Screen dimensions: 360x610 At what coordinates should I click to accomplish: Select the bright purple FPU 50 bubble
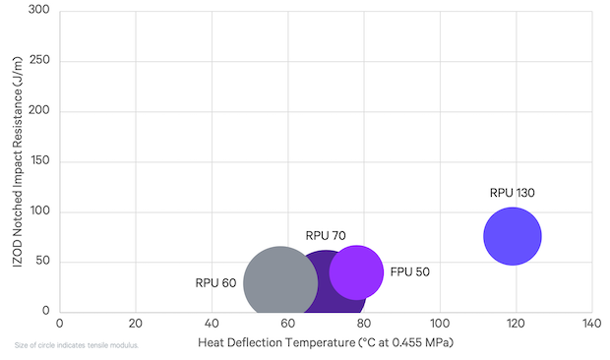click(x=356, y=271)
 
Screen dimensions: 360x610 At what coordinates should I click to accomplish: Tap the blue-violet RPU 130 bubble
click(x=513, y=236)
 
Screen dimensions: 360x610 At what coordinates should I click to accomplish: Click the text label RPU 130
click(x=513, y=193)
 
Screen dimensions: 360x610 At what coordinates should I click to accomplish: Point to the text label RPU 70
click(x=326, y=236)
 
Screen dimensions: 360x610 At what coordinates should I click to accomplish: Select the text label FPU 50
click(x=409, y=271)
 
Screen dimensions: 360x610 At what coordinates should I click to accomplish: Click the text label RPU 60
click(x=215, y=283)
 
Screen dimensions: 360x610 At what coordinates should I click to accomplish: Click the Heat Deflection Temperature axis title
click(x=325, y=343)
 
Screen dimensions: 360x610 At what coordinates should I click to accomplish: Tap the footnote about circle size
click(x=77, y=345)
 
